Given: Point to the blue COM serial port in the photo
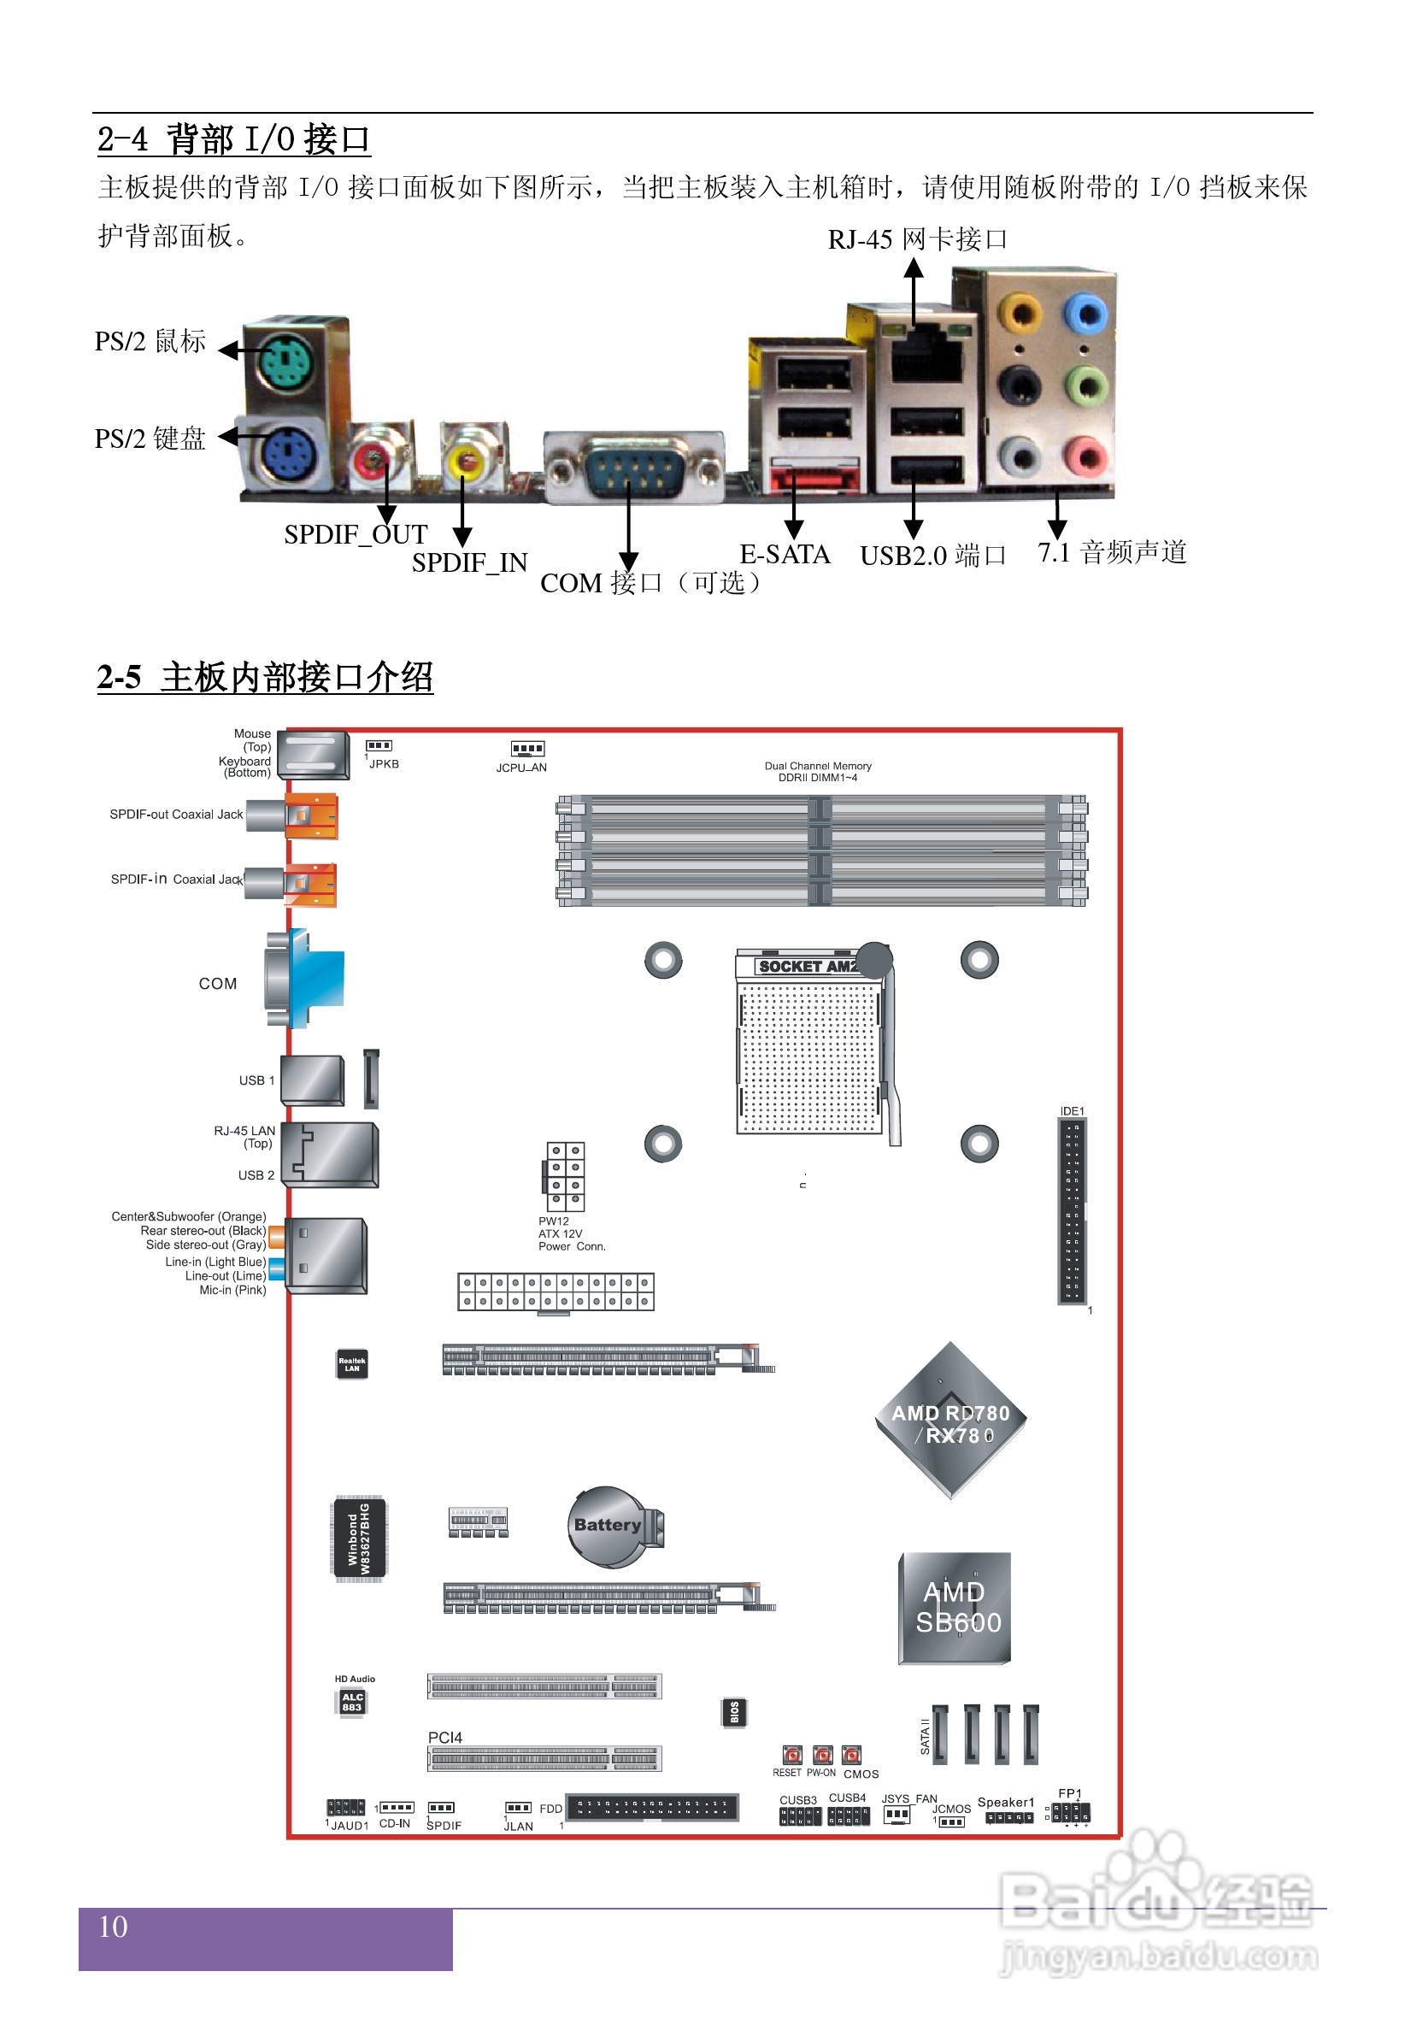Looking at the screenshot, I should [633, 467].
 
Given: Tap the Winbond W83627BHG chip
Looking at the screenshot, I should [359, 1539].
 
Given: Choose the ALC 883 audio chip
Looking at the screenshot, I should [352, 1702].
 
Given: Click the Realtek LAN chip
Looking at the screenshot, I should [352, 1364].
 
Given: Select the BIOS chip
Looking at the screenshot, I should [734, 1712].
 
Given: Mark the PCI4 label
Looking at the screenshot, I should [444, 1737].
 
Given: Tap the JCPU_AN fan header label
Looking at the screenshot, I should [521, 768].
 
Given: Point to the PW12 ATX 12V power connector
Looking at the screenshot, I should [564, 1176].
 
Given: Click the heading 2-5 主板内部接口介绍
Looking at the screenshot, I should [265, 677].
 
